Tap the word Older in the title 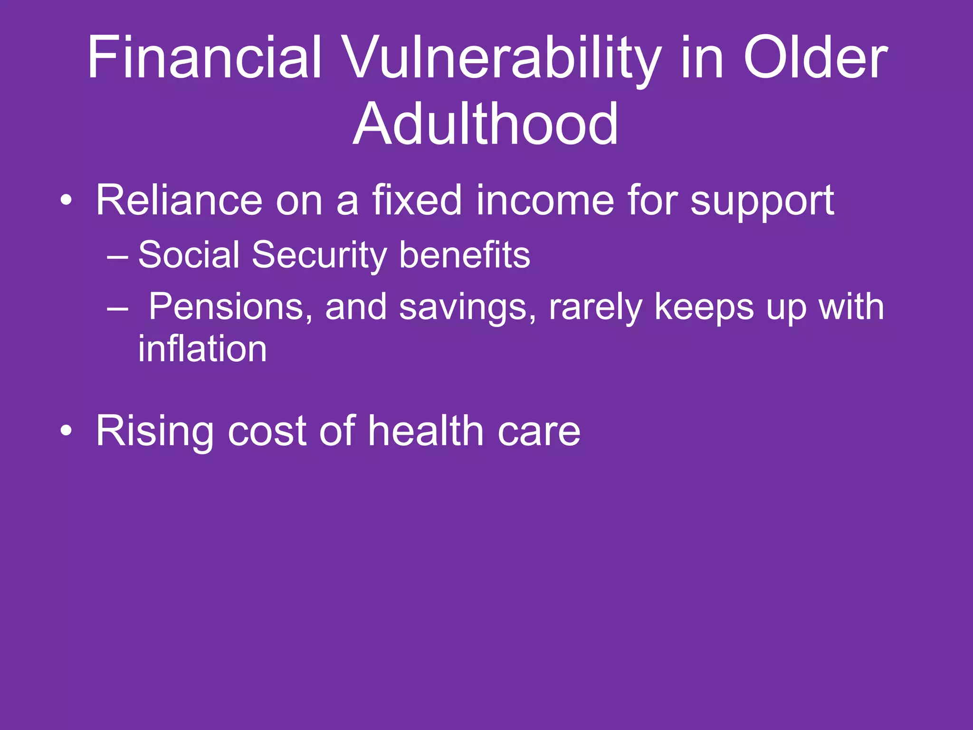click(815, 58)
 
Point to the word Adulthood click(486, 125)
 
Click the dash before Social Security click(117, 256)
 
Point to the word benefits click(464, 255)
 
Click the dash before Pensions click(117, 308)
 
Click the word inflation click(202, 349)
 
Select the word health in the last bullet click(426, 431)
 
